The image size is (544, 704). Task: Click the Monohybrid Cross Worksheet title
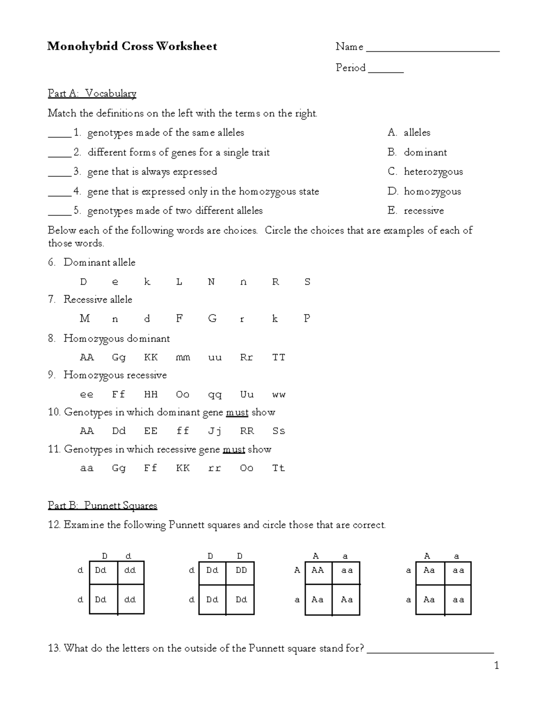pos(132,46)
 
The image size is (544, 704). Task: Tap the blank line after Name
pos(432,50)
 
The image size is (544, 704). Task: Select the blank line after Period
pos(386,71)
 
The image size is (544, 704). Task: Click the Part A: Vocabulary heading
pos(92,93)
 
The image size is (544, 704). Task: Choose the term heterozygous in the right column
pos(433,172)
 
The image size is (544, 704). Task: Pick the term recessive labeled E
pos(423,211)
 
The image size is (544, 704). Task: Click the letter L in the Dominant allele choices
pos(179,282)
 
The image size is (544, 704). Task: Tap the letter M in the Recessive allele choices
pos(84,319)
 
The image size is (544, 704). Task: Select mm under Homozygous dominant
pos(183,358)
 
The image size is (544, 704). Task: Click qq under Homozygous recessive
pos(214,395)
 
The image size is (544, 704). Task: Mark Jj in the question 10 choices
pos(214,431)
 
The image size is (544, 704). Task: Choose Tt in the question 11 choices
pos(278,468)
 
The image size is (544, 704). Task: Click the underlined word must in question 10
pos(237,413)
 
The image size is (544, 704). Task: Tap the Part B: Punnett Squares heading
pos(102,505)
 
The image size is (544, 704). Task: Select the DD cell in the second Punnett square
pos(241,570)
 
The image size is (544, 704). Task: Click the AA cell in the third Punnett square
pos(317,570)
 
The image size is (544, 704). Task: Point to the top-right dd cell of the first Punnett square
pos(130,570)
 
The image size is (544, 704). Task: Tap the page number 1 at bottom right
pos(496,665)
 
